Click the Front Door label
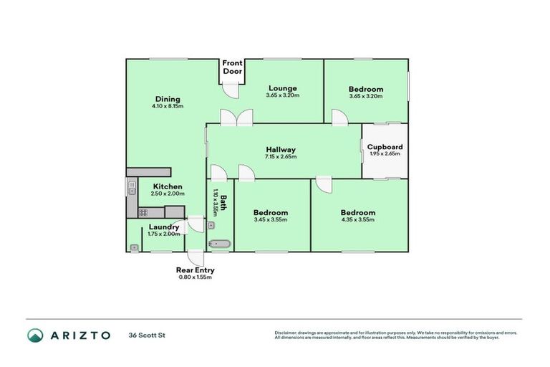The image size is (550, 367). (x=232, y=67)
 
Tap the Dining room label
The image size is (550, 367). (x=168, y=100)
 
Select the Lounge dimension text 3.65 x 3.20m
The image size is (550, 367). (x=282, y=95)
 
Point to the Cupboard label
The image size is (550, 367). (x=385, y=147)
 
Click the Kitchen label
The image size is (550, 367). (x=168, y=186)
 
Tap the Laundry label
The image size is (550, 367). (x=164, y=227)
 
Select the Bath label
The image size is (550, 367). (x=223, y=203)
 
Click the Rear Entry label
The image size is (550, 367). (x=195, y=270)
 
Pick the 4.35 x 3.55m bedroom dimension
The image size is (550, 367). (x=357, y=220)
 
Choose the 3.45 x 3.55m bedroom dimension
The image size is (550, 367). (x=271, y=220)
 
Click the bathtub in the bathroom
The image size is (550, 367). (x=219, y=244)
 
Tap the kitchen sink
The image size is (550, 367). (x=132, y=189)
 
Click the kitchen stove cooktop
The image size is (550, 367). (x=143, y=212)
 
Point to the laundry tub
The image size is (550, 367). (x=134, y=247)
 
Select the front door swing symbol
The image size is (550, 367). (x=230, y=90)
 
